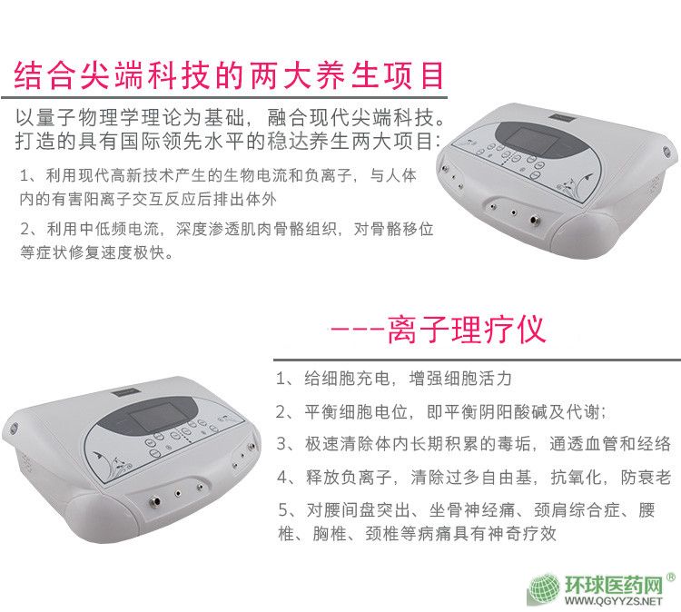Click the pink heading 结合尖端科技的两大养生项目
click(229, 74)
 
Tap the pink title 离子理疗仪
click(466, 331)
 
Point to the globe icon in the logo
click(544, 589)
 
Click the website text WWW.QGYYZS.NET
click(613, 601)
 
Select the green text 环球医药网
click(613, 584)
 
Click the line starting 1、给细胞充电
click(394, 379)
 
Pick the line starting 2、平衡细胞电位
click(440, 411)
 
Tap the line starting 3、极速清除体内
click(474, 444)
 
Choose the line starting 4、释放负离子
click(474, 478)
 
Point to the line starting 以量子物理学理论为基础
click(230, 117)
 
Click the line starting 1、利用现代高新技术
click(218, 175)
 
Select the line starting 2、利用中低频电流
click(227, 229)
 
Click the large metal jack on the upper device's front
click(533, 220)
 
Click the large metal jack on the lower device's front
click(154, 502)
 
